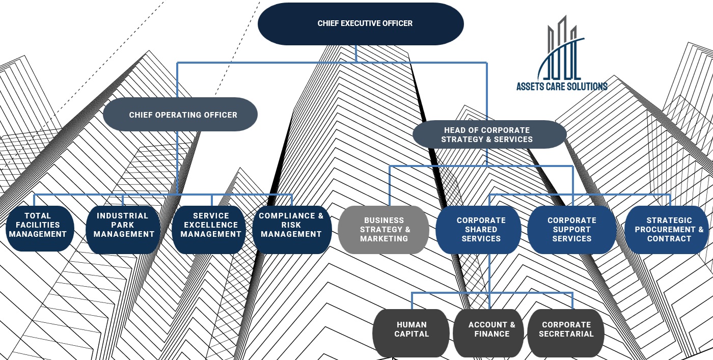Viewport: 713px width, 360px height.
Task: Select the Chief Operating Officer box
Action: pos(180,115)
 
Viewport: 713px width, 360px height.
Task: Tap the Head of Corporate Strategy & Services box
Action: pos(489,134)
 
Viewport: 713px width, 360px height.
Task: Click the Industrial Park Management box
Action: pos(123,229)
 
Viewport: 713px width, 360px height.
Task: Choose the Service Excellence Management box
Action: pos(210,229)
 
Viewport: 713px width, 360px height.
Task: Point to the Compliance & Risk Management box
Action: pos(292,229)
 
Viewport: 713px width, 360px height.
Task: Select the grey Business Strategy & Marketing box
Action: pos(383,230)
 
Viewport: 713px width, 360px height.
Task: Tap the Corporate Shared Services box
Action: pos(480,230)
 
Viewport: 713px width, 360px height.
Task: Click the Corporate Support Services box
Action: pos(571,230)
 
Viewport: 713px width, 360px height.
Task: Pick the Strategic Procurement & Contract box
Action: pos(669,230)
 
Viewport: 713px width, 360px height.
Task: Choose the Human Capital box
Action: pos(412,333)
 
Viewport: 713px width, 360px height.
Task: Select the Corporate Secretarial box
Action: pos(565,333)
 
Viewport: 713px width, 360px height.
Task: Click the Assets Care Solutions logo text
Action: pos(562,87)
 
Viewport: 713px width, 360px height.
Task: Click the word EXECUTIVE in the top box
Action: pos(365,23)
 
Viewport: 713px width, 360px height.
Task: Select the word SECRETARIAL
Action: pos(566,334)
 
